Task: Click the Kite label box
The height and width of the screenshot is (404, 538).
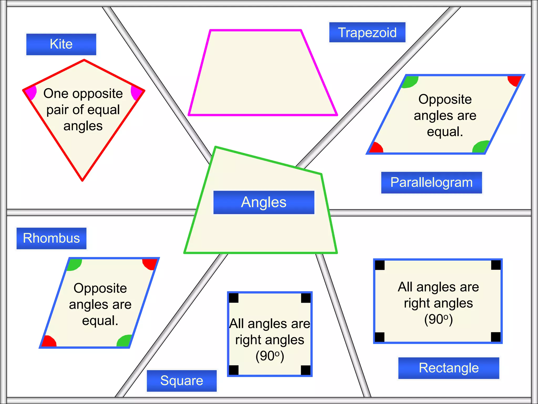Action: click(x=61, y=44)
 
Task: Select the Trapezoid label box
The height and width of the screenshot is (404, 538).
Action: click(x=367, y=32)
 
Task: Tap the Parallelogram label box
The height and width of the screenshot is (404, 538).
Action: click(x=431, y=183)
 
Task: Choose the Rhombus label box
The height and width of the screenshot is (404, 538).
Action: click(x=51, y=238)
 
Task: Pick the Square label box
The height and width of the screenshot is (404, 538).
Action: click(x=182, y=381)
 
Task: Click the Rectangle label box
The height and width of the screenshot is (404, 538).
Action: click(x=448, y=368)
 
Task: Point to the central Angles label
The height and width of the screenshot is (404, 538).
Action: click(x=264, y=202)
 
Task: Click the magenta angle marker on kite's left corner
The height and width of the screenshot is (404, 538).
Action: click(x=31, y=92)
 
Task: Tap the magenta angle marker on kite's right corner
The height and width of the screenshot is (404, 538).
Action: click(x=136, y=92)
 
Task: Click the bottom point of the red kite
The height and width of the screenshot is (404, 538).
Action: click(x=82, y=180)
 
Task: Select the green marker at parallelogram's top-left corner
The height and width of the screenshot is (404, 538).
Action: click(x=410, y=82)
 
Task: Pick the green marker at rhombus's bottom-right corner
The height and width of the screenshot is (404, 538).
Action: click(x=124, y=341)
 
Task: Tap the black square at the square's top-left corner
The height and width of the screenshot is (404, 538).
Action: click(x=234, y=298)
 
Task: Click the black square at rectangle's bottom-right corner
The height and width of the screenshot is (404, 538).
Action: click(x=496, y=337)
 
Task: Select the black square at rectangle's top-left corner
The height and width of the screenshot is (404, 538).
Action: click(x=380, y=265)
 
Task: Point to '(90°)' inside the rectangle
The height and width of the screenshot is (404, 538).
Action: click(x=438, y=319)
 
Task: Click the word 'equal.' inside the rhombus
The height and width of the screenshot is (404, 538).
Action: click(x=100, y=321)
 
